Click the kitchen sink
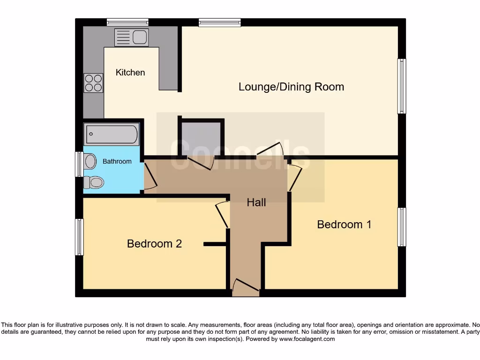coord(132,37)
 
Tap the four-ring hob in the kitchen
coord(93,83)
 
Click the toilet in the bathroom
coord(94,182)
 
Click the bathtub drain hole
coord(90,134)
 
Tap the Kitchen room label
coord(130,73)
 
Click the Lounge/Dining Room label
coord(291,87)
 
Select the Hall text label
coord(256,202)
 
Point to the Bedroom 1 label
coord(344,225)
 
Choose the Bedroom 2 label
coord(154,244)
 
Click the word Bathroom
coord(117,161)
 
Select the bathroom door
coord(149,177)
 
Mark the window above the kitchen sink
coord(127,22)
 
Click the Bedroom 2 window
coord(79,237)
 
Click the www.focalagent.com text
coord(307,339)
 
